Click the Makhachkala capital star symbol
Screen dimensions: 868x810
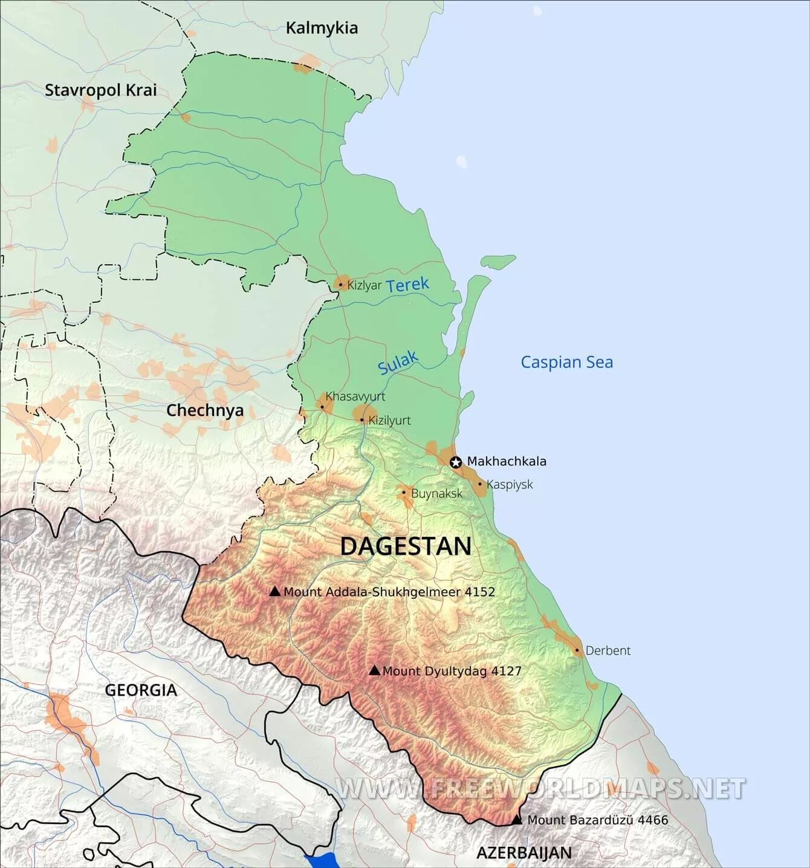pyautogui.click(x=456, y=462)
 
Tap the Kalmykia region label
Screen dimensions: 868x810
pyautogui.click(x=322, y=28)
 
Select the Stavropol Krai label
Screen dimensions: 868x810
pyautogui.click(x=101, y=90)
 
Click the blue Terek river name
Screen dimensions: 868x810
pyautogui.click(x=407, y=285)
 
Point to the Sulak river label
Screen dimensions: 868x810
pyautogui.click(x=398, y=363)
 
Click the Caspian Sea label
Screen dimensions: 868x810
pyautogui.click(x=566, y=362)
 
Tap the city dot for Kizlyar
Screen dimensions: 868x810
pyautogui.click(x=340, y=285)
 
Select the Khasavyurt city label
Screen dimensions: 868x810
pyautogui.click(x=355, y=397)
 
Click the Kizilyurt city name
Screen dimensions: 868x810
pyautogui.click(x=389, y=420)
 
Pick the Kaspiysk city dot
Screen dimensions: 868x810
pyautogui.click(x=480, y=484)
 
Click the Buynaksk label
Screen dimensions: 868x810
pyautogui.click(x=436, y=493)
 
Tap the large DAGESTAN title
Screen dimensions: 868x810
pyautogui.click(x=406, y=546)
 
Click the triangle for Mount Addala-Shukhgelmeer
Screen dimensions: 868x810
pyautogui.click(x=274, y=591)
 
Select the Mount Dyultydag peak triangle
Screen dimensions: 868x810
pyautogui.click(x=374, y=670)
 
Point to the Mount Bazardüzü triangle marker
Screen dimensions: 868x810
pyautogui.click(x=517, y=820)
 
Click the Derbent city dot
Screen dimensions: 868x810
pyautogui.click(x=577, y=651)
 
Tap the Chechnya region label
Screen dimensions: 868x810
pyautogui.click(x=205, y=410)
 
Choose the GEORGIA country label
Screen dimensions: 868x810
pyautogui.click(x=141, y=690)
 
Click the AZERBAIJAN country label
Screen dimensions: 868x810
pyautogui.click(x=524, y=853)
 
